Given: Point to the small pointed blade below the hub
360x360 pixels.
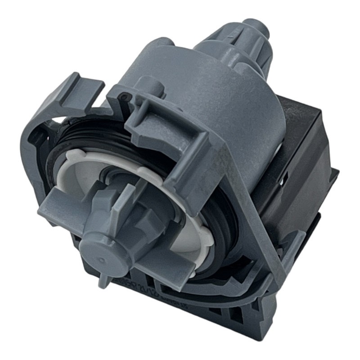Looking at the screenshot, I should (104, 280).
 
